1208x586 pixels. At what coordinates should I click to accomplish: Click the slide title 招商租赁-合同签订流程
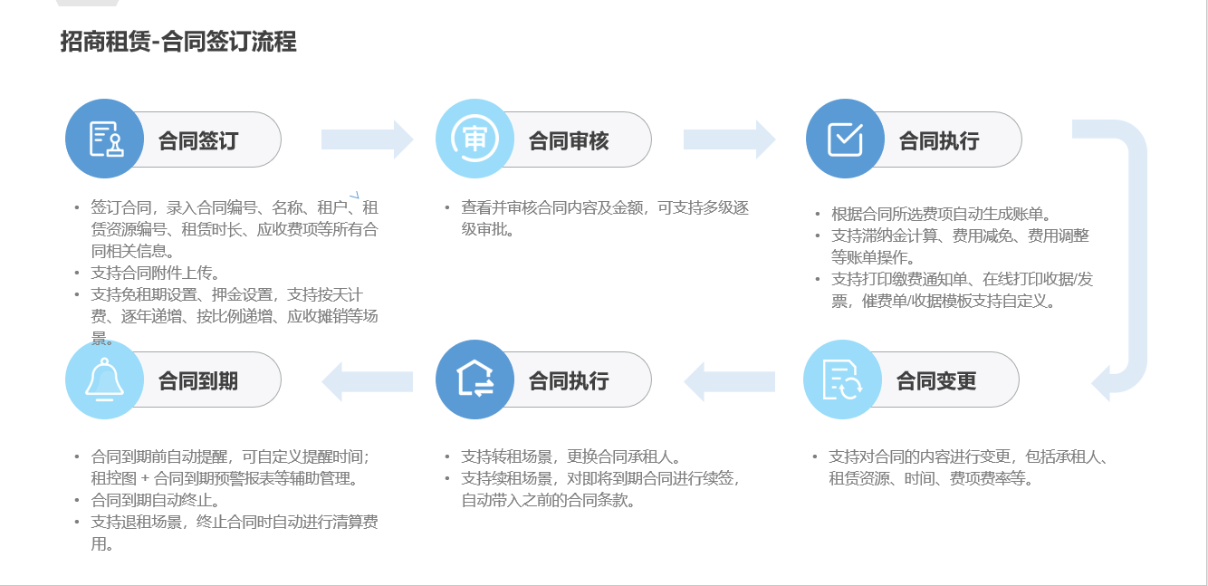(178, 42)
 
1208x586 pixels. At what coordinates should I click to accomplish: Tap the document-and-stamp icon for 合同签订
(105, 139)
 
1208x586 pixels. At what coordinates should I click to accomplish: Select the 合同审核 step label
(569, 140)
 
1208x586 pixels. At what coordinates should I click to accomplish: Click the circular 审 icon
(475, 139)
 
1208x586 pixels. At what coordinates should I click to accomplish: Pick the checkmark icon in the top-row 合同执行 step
(845, 139)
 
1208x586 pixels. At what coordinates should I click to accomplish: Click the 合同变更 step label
(936, 380)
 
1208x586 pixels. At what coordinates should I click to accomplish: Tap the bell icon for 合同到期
(105, 379)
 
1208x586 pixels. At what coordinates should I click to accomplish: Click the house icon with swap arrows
(475, 379)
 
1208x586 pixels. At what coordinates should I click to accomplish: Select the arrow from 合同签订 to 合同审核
(367, 139)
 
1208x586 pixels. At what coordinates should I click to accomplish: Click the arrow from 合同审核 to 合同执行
(729, 139)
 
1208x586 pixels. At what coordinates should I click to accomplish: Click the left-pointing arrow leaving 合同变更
(729, 380)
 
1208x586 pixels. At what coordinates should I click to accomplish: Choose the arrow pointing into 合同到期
(367, 380)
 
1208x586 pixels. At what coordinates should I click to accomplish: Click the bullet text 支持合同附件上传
(156, 273)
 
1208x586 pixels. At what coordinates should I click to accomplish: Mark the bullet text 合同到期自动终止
(156, 500)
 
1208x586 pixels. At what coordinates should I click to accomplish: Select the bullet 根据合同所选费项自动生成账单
(941, 215)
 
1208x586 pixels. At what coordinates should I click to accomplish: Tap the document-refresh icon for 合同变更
(843, 379)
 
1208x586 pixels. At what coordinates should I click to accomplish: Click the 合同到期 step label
(198, 380)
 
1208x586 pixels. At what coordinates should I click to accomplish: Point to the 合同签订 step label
(198, 140)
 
